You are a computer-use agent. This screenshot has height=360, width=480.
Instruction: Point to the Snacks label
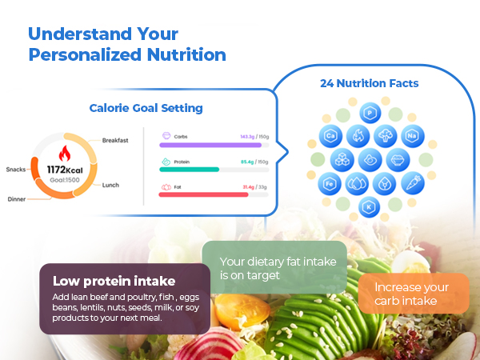point(15,169)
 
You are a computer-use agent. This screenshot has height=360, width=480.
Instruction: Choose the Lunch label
point(110,185)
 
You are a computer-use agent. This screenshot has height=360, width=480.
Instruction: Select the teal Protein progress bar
point(190,169)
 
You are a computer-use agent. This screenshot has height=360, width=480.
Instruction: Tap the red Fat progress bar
point(204,194)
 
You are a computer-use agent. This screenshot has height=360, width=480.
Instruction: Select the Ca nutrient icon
point(330,137)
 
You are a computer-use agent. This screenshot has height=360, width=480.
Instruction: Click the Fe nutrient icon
point(330,183)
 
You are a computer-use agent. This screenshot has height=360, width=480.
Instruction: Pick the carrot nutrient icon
point(410,182)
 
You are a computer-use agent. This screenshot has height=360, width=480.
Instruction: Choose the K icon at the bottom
point(370,207)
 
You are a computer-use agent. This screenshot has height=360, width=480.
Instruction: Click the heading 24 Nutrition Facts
point(370,82)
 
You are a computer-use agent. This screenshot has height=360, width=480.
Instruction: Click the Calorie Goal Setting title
point(146,108)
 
